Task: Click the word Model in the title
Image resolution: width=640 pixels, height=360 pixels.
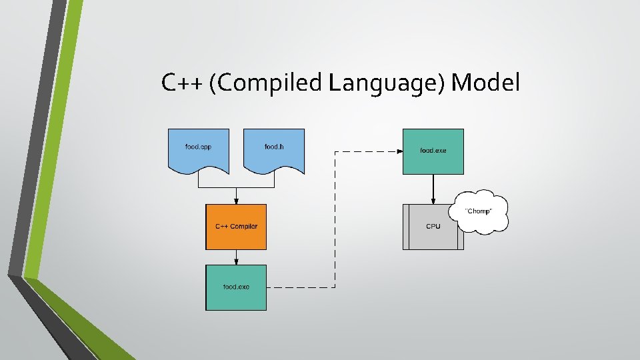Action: pos(485,83)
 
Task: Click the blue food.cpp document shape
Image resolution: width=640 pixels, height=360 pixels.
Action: pos(198,150)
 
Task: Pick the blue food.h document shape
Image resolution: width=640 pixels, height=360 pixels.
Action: pos(274,150)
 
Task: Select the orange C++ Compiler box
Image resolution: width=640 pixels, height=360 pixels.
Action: pos(236,227)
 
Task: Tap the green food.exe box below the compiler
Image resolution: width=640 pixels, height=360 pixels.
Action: pos(236,287)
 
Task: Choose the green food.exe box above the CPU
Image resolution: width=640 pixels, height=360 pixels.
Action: pos(433,151)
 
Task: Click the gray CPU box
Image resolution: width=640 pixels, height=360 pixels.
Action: pos(433,227)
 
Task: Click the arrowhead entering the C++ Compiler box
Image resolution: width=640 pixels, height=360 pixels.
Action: pos(236,201)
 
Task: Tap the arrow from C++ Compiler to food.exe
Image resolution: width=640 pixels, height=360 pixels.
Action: pos(236,257)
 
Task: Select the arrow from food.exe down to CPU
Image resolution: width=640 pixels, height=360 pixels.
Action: pos(433,189)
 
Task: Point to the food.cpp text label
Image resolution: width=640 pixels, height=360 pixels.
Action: pos(198,147)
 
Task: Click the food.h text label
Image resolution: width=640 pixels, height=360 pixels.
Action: pos(274,147)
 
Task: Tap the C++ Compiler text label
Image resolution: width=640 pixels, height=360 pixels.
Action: pos(236,227)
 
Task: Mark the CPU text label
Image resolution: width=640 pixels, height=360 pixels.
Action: pos(433,227)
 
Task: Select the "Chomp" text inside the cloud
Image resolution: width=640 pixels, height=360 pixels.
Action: pos(478,211)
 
